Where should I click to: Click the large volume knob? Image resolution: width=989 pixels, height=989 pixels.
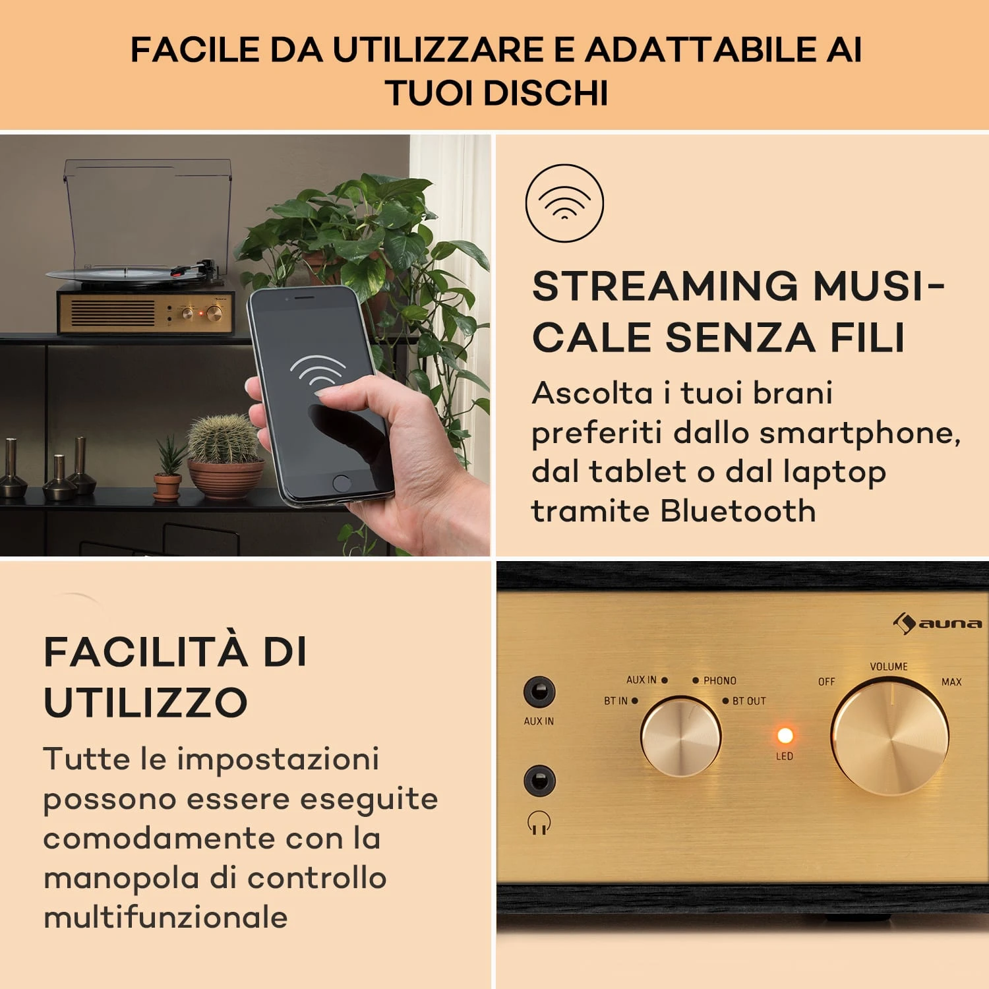889,737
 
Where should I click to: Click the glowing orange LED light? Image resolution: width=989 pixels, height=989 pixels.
785,734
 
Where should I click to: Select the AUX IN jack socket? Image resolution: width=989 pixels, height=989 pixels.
539,692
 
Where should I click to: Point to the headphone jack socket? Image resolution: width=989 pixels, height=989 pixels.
539,781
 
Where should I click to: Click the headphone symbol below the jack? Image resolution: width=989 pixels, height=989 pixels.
539,823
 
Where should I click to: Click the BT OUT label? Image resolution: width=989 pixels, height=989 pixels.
749,701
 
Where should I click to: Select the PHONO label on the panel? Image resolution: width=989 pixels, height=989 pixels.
719,680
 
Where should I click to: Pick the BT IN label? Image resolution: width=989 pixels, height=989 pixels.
616,701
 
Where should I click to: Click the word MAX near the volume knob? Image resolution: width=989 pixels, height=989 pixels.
951,682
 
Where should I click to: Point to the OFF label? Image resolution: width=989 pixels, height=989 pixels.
826,682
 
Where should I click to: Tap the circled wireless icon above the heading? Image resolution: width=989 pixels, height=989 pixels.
564,203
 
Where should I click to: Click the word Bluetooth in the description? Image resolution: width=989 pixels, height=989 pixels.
738,511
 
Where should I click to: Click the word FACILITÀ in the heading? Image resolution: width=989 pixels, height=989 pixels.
146,652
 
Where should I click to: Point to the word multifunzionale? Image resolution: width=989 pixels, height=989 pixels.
165,917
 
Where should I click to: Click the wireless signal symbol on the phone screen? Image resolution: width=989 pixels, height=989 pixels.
318,373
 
